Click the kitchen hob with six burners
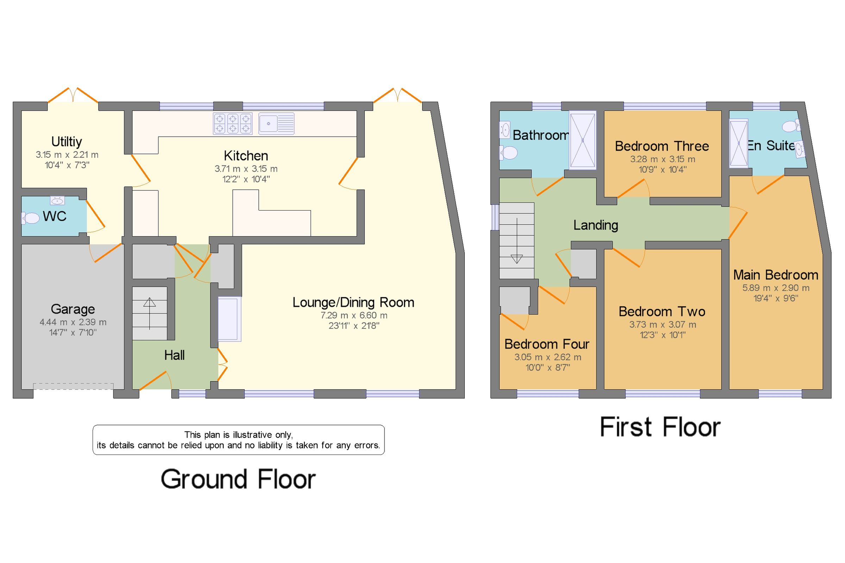click(x=232, y=123)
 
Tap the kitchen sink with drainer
click(x=276, y=123)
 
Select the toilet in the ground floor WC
click(x=31, y=218)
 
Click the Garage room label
click(x=73, y=309)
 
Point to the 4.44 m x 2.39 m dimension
click(x=73, y=322)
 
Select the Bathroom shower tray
click(x=582, y=140)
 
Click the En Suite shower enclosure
click(x=738, y=143)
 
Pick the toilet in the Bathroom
click(x=509, y=152)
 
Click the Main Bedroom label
click(x=776, y=275)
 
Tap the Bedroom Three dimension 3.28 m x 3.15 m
click(x=663, y=159)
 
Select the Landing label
click(x=595, y=225)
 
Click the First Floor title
click(x=660, y=427)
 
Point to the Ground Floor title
click(x=238, y=479)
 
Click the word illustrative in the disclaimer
click(x=252, y=435)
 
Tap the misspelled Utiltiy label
click(x=67, y=142)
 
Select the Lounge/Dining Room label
click(x=353, y=302)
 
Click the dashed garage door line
click(x=73, y=386)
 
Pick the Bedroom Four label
click(x=547, y=344)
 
